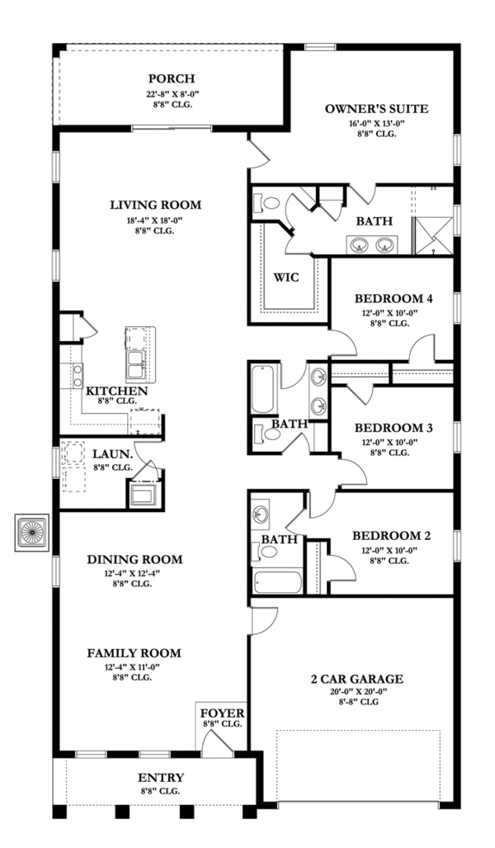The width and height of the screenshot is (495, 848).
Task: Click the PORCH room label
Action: point(171,78)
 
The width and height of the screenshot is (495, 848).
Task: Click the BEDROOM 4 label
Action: point(393,298)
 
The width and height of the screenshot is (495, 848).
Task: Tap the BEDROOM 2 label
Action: point(393,534)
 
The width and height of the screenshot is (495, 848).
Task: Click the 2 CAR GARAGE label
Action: point(356,679)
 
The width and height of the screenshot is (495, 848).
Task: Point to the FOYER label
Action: point(221,711)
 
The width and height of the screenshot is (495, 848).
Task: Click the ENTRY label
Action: point(162,777)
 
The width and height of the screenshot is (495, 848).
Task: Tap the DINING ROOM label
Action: point(134,559)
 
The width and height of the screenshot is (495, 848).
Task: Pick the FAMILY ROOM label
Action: point(134,652)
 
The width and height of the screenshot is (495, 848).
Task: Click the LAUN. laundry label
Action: point(109,453)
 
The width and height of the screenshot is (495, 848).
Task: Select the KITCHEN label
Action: point(117,391)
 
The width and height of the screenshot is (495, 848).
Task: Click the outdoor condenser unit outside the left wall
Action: point(33,533)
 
